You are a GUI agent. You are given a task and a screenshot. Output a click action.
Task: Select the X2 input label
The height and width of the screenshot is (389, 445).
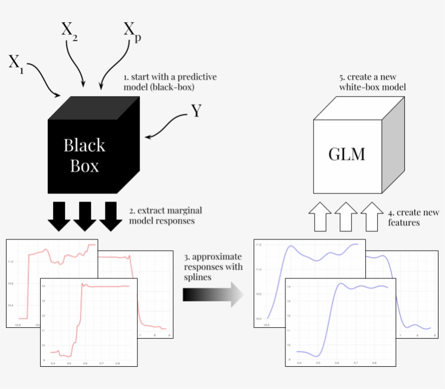[x=69, y=29]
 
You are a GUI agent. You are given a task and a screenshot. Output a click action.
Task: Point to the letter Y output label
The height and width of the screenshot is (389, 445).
[x=196, y=111]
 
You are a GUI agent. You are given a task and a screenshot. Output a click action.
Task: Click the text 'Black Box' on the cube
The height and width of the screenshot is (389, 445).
[x=84, y=155]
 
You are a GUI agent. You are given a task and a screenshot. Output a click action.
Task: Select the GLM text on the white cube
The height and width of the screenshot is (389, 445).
[x=347, y=154]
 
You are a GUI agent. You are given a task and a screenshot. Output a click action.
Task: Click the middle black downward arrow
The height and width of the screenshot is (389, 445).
[x=85, y=216]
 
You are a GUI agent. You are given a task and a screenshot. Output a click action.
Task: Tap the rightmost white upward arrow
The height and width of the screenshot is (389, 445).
[x=372, y=215]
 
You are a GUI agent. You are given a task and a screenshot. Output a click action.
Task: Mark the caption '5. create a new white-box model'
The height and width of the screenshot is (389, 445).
[x=372, y=82]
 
